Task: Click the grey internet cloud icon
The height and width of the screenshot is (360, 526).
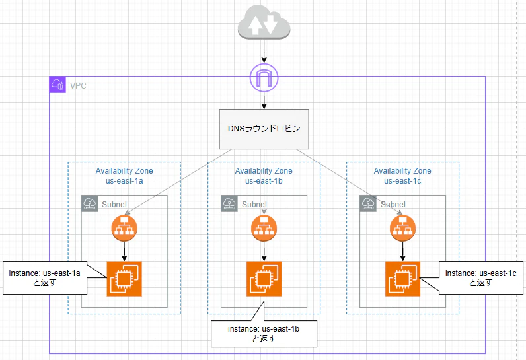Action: [264, 22]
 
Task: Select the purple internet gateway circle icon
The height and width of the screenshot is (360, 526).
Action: [264, 78]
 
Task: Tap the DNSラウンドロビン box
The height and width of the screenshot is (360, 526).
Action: [264, 129]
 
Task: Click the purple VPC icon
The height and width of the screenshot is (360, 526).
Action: [57, 85]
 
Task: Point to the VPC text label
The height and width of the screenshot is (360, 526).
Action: [78, 86]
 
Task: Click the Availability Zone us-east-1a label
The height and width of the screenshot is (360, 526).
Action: [124, 176]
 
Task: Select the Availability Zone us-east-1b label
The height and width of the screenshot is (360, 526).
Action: [264, 176]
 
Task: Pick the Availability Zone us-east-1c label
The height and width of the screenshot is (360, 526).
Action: [402, 176]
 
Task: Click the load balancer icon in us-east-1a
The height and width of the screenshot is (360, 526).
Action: [124, 229]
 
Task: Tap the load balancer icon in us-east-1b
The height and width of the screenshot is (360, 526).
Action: [264, 229]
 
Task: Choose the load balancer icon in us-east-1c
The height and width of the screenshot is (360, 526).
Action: [402, 229]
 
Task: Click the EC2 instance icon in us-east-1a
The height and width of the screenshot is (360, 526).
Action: [124, 279]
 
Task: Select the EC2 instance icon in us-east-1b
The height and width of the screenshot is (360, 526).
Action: [264, 279]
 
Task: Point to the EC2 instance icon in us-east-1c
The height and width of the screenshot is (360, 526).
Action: [402, 279]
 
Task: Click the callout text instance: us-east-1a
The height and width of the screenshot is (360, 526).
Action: [45, 273]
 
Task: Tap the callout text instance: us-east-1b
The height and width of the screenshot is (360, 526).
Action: [264, 329]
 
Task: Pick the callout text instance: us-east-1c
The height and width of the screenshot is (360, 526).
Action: [480, 273]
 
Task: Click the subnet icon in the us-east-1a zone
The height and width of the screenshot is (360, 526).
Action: [90, 203]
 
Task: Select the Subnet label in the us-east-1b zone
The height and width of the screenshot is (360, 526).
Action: [254, 205]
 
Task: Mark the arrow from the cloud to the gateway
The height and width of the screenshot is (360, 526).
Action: [264, 52]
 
